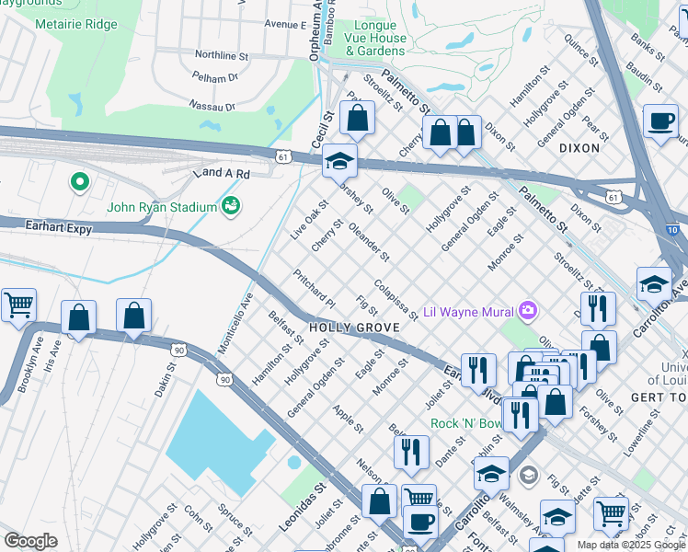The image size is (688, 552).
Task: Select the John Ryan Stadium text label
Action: [x=161, y=206]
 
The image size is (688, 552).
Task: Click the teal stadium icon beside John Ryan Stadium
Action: [x=231, y=205]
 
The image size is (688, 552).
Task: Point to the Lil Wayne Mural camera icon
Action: [x=527, y=310]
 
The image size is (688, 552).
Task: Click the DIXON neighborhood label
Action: [x=579, y=147]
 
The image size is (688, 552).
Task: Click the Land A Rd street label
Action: [x=221, y=173]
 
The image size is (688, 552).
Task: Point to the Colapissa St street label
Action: [x=396, y=301]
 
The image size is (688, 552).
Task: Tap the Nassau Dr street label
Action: [x=212, y=106]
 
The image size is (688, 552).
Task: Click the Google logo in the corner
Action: [x=30, y=541]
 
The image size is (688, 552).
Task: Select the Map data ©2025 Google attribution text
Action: [x=631, y=545]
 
